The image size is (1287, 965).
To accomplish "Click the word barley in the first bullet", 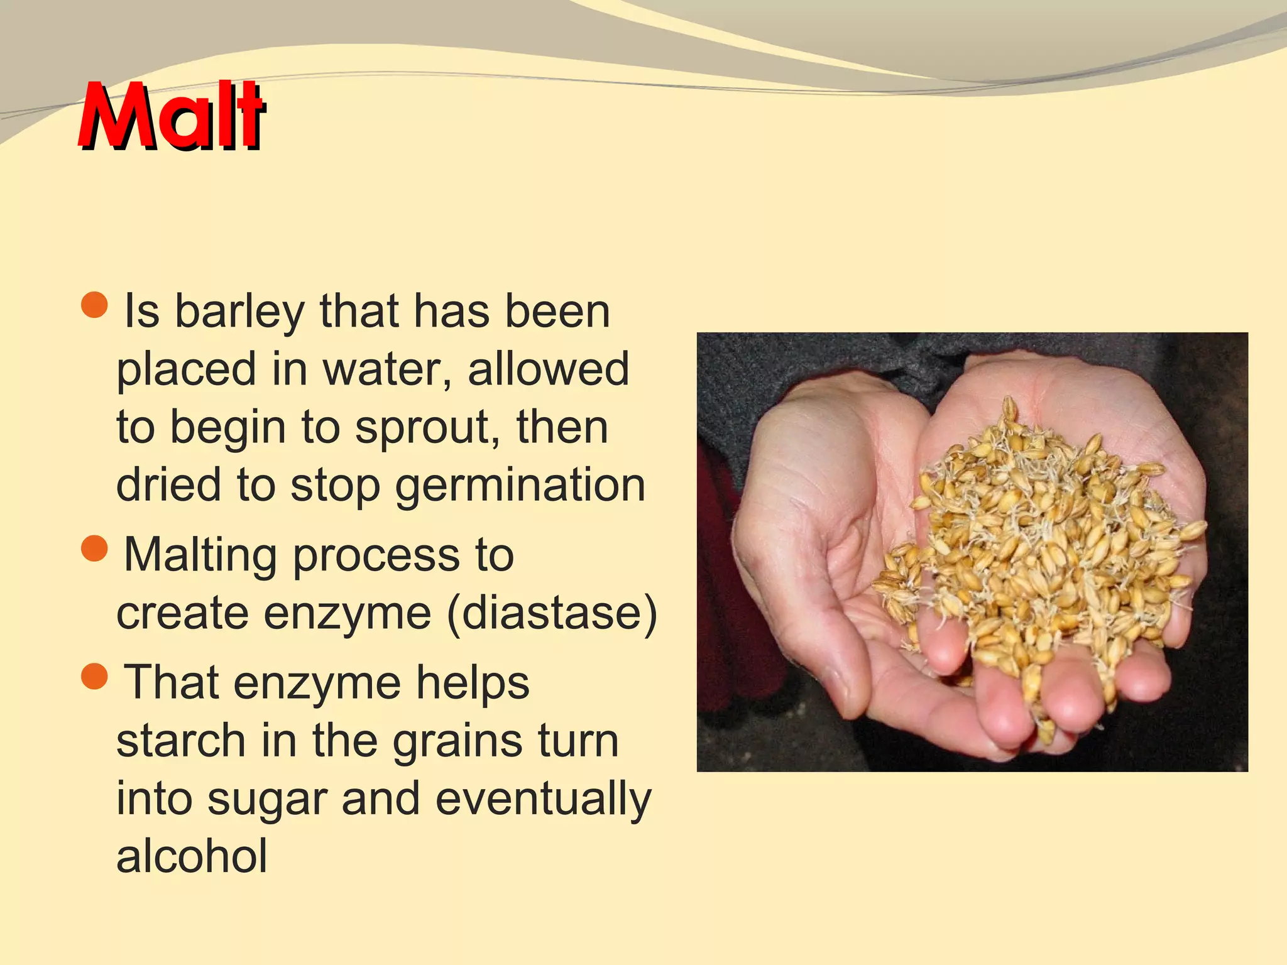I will [x=239, y=312].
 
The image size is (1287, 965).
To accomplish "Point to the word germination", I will [x=520, y=486].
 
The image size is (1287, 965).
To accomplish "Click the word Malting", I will [x=200, y=555].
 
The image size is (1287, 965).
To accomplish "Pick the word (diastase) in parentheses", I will [x=552, y=613].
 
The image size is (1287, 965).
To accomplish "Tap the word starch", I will [x=181, y=741].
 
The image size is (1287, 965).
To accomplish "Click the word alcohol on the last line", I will [x=192, y=857].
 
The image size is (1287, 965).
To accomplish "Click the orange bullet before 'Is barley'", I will [x=95, y=305].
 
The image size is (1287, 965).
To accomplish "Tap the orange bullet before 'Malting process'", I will [x=95, y=548].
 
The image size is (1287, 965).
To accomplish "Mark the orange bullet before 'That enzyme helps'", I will [x=95, y=677].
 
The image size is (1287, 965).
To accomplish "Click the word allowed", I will [x=548, y=369].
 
